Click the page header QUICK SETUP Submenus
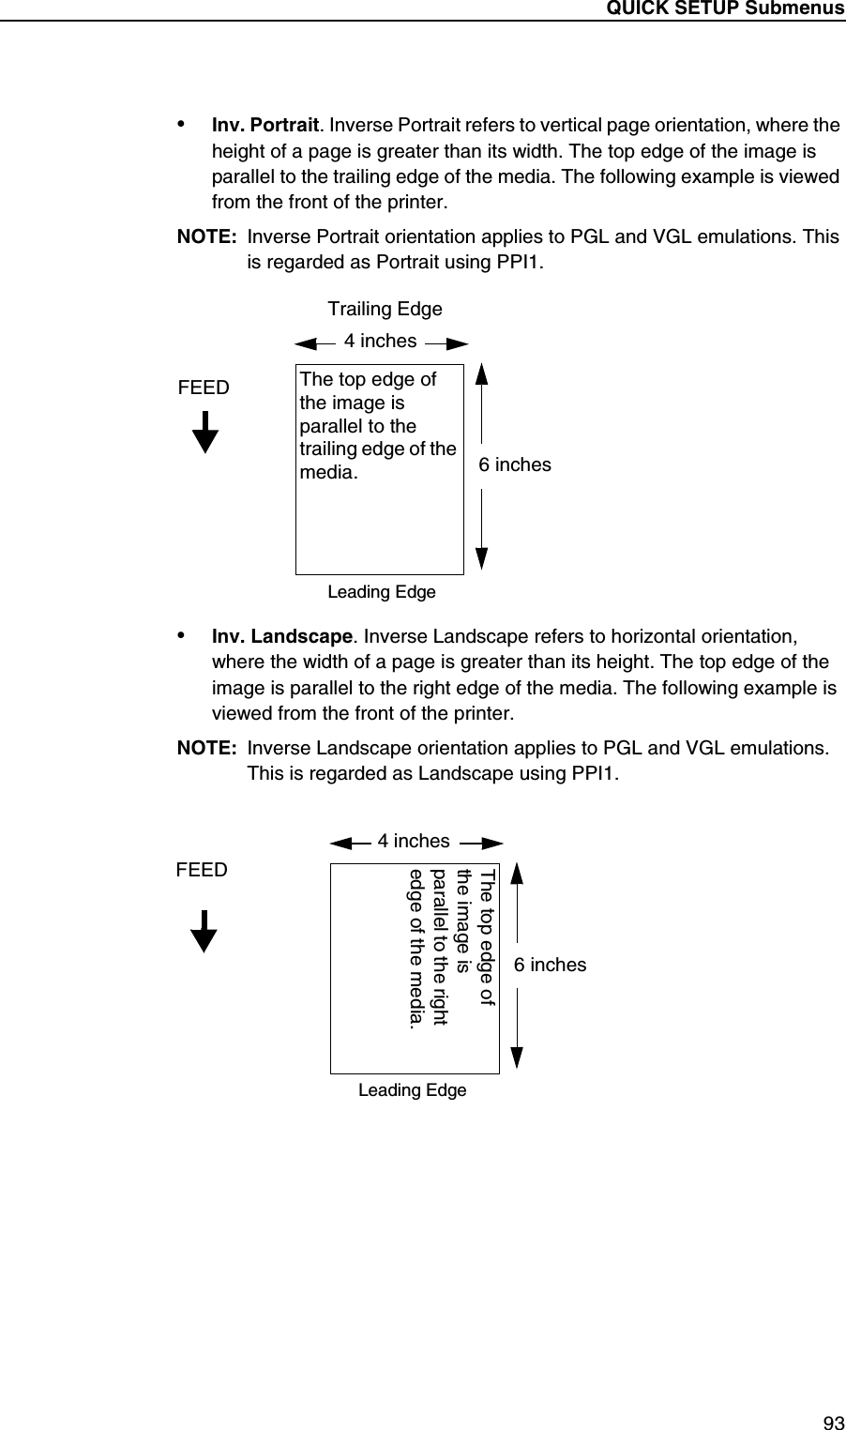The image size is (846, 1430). (x=725, y=8)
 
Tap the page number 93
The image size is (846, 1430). (x=832, y=1422)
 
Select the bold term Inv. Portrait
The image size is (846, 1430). (x=265, y=126)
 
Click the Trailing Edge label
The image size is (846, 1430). (x=385, y=309)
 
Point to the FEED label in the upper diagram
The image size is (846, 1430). (x=204, y=387)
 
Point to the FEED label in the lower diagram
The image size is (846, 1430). (x=202, y=870)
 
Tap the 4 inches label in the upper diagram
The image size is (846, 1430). (x=380, y=342)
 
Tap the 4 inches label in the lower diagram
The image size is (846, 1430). (x=413, y=841)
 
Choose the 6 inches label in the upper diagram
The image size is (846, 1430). (x=515, y=464)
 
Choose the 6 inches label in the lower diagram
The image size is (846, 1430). (x=550, y=965)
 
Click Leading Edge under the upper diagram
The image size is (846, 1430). (x=382, y=592)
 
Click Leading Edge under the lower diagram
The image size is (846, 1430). (x=413, y=1089)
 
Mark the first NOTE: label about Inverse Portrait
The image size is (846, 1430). (x=206, y=236)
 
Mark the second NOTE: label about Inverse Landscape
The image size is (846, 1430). (x=206, y=748)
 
